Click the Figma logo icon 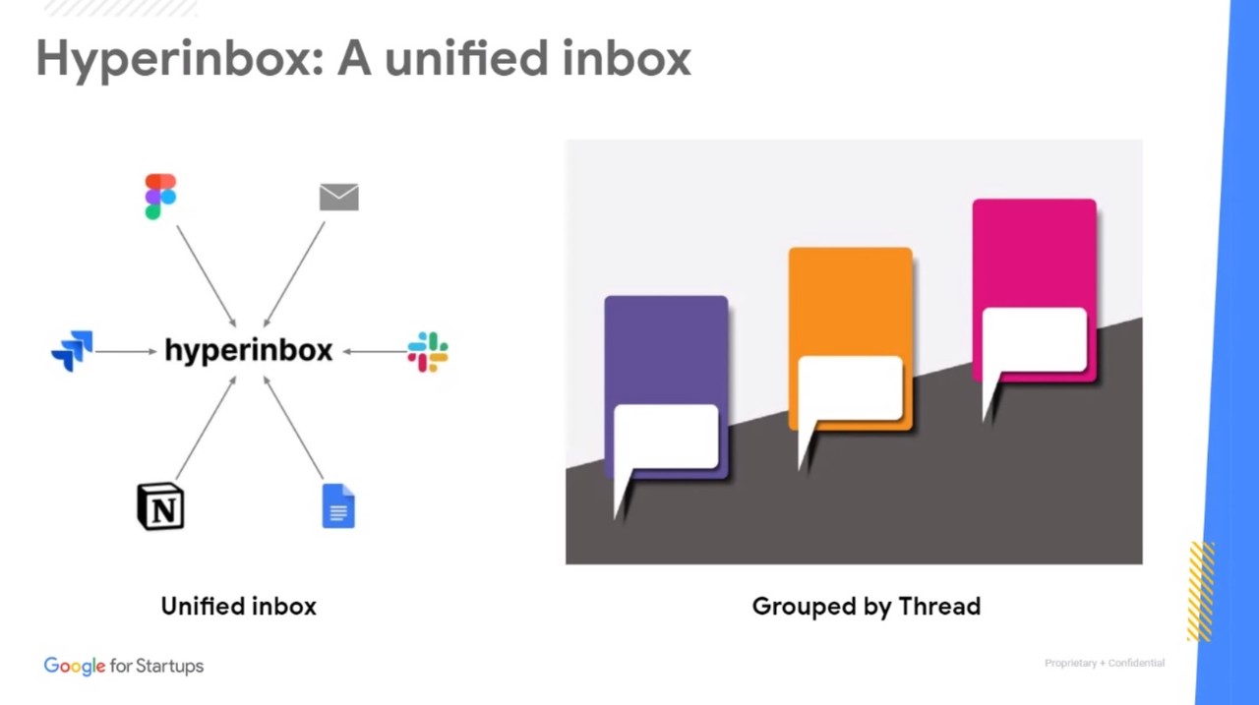coord(160,197)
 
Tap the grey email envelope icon coord(339,197)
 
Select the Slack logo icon coord(428,352)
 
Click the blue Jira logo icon coord(72,351)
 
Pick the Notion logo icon coord(160,506)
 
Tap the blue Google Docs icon coord(338,506)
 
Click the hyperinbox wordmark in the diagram coord(248,351)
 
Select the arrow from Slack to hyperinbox coord(374,351)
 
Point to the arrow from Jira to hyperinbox coord(126,351)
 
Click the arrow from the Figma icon coord(207,276)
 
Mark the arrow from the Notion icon coord(206,429)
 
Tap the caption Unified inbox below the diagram coord(239,607)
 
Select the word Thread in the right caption coord(938,607)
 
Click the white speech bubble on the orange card coord(850,388)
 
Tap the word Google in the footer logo coord(74,667)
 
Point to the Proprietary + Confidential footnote coord(1104,664)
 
